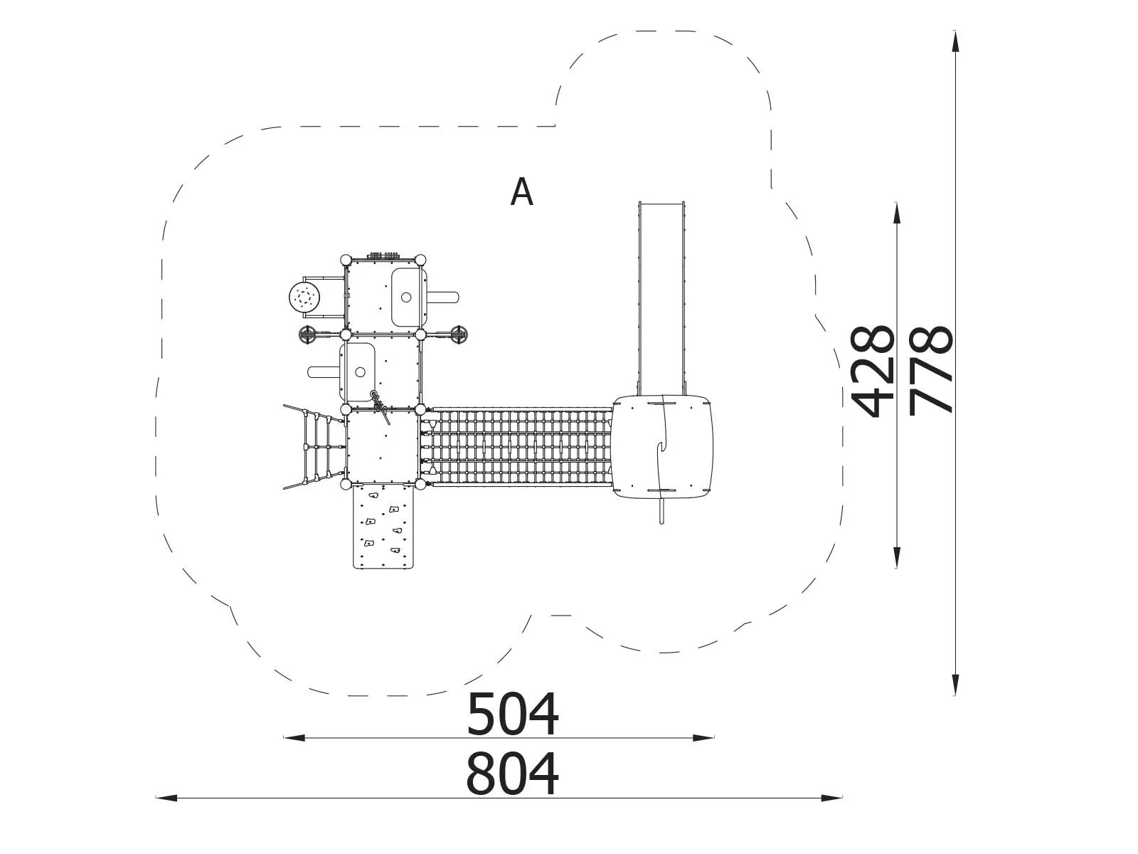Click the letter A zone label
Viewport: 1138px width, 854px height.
pyautogui.click(x=521, y=192)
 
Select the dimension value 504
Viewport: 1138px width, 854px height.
pyautogui.click(x=512, y=715)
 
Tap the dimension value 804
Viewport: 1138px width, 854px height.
pyautogui.click(x=512, y=774)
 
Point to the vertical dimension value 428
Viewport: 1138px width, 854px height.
pyautogui.click(x=872, y=371)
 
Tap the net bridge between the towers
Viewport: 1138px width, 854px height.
pyautogui.click(x=519, y=447)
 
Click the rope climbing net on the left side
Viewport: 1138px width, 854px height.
pyautogui.click(x=314, y=446)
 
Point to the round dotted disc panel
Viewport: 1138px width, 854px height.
pyautogui.click(x=304, y=297)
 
